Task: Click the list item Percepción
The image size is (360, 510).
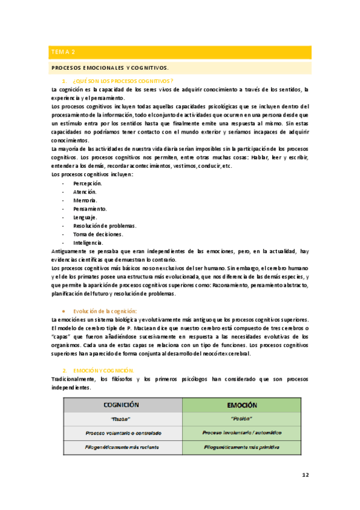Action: [88, 183]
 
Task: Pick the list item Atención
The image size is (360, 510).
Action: [85, 191]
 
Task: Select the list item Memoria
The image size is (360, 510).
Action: [85, 200]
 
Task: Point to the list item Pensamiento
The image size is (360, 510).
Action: [90, 209]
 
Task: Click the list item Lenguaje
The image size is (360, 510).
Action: [85, 217]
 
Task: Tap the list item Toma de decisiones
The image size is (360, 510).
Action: [98, 234]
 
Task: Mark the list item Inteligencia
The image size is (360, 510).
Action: [88, 242]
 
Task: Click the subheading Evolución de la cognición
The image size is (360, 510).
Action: [105, 310]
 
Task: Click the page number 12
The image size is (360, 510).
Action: [305, 475]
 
